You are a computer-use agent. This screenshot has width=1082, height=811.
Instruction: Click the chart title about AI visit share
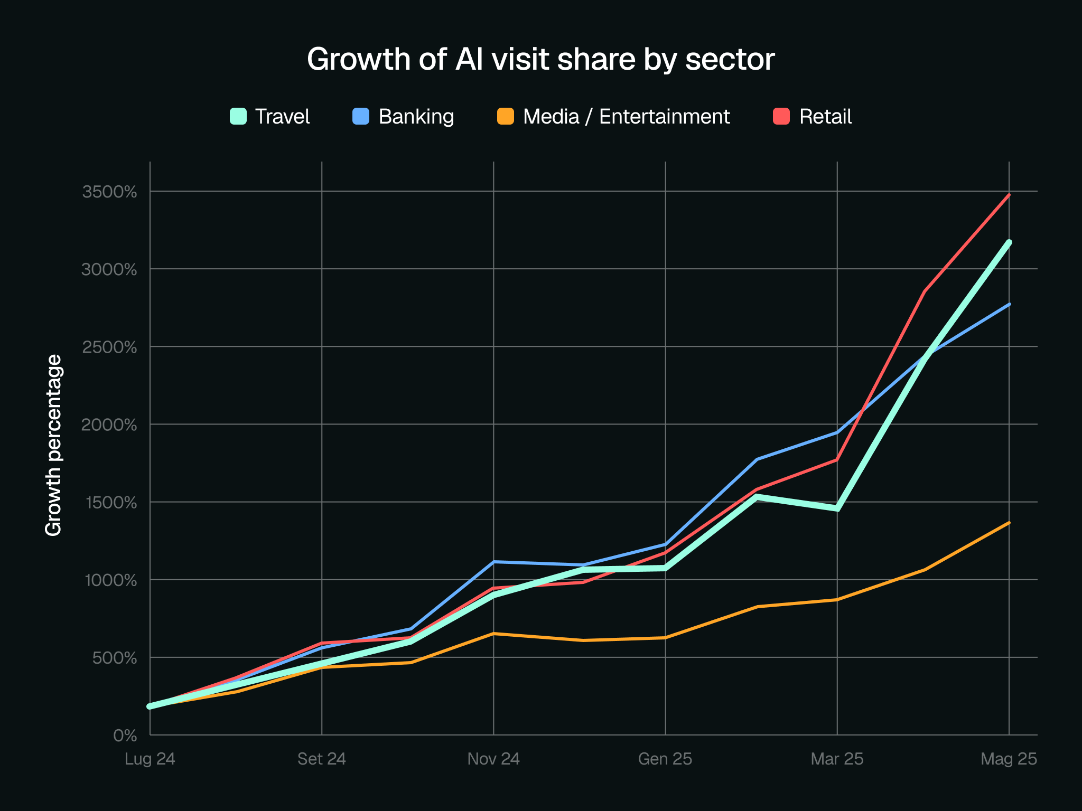pyautogui.click(x=540, y=59)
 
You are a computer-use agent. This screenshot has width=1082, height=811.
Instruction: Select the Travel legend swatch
pyautogui.click(x=238, y=116)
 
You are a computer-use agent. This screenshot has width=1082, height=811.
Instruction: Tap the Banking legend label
pyautogui.click(x=416, y=117)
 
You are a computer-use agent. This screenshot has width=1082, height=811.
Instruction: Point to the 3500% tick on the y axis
pyautogui.click(x=109, y=192)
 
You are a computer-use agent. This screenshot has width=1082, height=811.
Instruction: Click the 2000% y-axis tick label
pyautogui.click(x=109, y=425)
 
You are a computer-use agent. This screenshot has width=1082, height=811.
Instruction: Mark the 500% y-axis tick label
pyautogui.click(x=114, y=658)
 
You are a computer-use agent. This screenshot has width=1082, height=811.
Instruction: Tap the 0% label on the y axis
pyautogui.click(x=125, y=735)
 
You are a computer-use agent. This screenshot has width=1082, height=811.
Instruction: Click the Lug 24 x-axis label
pyautogui.click(x=150, y=759)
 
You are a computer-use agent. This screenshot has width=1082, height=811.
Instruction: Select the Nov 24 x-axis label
pyautogui.click(x=493, y=759)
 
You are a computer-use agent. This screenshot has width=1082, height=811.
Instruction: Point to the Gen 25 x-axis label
pyautogui.click(x=665, y=759)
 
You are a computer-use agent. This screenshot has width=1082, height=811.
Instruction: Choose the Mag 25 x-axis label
pyautogui.click(x=1009, y=759)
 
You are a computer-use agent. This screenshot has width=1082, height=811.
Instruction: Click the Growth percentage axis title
pyautogui.click(x=53, y=445)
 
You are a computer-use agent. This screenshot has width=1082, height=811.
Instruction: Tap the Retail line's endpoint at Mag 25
pyautogui.click(x=1009, y=195)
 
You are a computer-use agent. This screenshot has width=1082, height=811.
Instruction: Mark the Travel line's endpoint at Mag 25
pyautogui.click(x=1009, y=242)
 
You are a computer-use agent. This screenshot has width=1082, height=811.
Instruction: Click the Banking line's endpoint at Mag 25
pyautogui.click(x=1009, y=304)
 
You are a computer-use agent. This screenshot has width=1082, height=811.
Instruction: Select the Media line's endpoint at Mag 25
pyautogui.click(x=1009, y=523)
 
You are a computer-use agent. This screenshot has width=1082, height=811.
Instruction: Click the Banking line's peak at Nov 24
pyautogui.click(x=493, y=562)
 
